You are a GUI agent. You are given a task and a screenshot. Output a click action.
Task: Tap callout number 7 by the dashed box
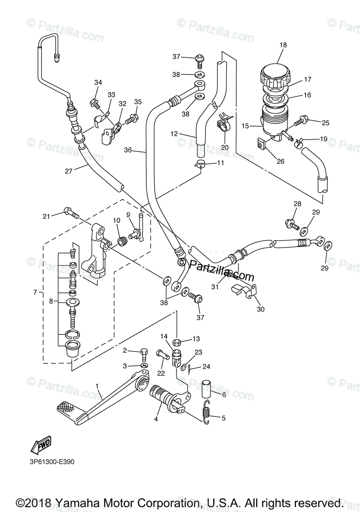point(35,293)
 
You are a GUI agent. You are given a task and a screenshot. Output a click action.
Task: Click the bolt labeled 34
point(94,102)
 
